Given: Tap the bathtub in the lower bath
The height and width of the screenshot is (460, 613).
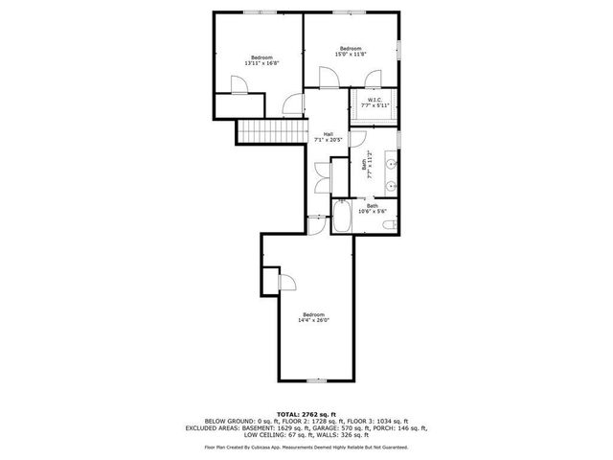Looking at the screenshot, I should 342,218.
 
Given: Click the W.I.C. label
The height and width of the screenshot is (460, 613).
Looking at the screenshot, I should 375,100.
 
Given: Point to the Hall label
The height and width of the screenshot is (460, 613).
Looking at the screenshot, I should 328,133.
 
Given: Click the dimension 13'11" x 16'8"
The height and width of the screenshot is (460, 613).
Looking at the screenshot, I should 261,63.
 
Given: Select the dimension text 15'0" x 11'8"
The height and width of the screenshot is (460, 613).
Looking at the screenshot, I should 351,54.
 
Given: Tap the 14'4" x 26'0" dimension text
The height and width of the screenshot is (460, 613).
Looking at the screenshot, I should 313,320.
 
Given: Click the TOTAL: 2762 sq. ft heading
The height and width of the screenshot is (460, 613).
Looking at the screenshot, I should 306,413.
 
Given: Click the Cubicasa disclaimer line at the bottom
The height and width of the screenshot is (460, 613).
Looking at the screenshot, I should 306,447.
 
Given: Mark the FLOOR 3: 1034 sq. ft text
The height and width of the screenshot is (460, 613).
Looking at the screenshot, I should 377,421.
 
